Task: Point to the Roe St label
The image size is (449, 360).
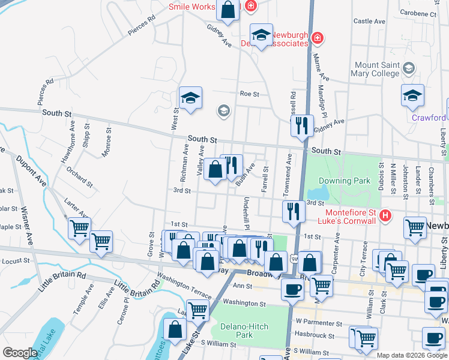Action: point(249,94)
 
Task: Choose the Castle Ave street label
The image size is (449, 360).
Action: point(369,21)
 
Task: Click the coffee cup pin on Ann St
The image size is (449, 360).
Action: point(293,289)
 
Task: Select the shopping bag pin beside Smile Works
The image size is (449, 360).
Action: point(228,10)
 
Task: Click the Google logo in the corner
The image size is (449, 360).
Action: point(20,353)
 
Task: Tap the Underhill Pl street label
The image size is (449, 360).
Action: point(246,211)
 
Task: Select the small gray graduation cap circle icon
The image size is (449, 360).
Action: point(223,110)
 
